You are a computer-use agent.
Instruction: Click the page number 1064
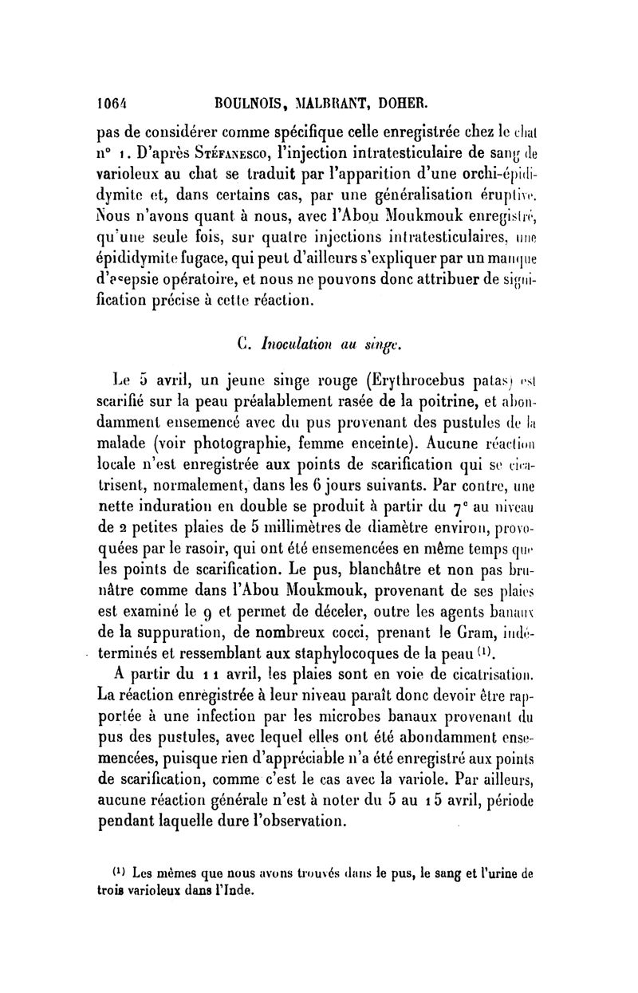[112, 103]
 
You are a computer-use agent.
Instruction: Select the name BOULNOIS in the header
[250, 103]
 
